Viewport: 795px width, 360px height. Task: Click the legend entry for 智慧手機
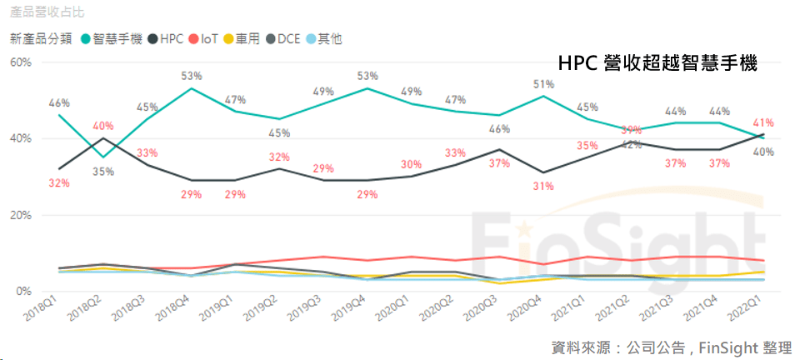pos(116,38)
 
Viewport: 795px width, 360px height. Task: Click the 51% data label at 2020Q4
pos(543,84)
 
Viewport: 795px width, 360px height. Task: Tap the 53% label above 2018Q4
pos(192,77)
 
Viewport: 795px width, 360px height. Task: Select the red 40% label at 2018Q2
pos(103,126)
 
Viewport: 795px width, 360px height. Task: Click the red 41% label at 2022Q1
pos(763,122)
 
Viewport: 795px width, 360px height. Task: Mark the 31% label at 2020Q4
pos(543,186)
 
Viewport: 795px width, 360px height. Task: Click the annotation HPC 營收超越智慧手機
pos(657,63)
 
